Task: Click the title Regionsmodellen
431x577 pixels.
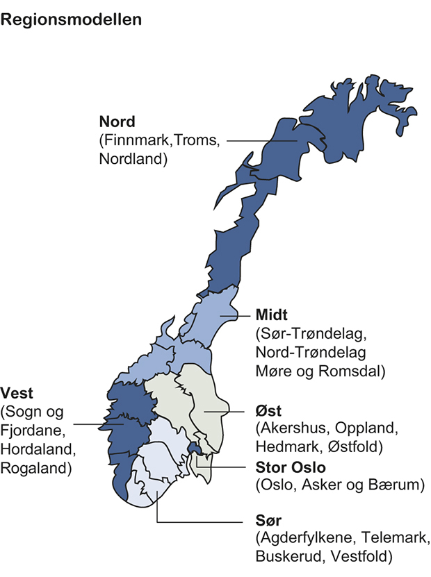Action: [x=72, y=19]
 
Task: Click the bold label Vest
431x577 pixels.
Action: [x=17, y=392]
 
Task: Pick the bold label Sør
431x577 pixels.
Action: [x=267, y=520]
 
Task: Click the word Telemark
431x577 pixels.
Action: [x=398, y=538]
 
